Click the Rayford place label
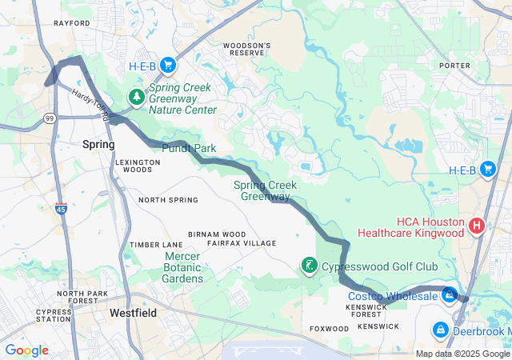click(x=71, y=23)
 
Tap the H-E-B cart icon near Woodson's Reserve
click(x=167, y=64)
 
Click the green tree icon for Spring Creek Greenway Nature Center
click(x=138, y=98)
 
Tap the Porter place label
click(x=454, y=66)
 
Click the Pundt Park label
click(x=190, y=149)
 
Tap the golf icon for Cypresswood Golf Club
click(x=308, y=266)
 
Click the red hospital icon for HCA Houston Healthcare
click(x=477, y=226)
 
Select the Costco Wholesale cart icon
click(x=450, y=296)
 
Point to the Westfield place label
click(x=133, y=313)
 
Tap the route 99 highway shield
click(x=50, y=118)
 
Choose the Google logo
click(x=26, y=350)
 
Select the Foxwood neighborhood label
click(x=329, y=329)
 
